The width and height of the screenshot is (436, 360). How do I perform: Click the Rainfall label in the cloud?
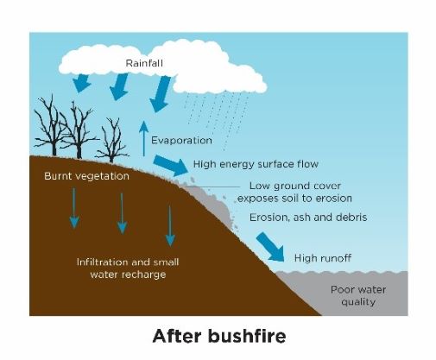tap(144, 63)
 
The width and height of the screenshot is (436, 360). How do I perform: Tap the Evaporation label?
tap(181, 141)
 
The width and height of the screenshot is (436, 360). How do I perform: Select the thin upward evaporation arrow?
tap(143, 139)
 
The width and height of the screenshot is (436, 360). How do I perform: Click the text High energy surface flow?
tap(256, 164)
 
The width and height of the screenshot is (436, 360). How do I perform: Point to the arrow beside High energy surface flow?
tap(170, 165)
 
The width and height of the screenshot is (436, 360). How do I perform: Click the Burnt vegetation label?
tap(86, 176)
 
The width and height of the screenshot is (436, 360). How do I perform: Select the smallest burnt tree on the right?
tap(112, 140)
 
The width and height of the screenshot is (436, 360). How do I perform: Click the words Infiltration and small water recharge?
tap(128, 268)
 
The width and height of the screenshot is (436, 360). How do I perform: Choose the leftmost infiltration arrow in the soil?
tap(74, 208)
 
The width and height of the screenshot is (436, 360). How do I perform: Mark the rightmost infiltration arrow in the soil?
tap(170, 226)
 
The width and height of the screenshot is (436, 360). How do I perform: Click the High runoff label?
tap(323, 258)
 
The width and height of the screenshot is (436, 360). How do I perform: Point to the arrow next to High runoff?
tap(270, 247)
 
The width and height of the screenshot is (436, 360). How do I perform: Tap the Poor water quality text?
tap(358, 295)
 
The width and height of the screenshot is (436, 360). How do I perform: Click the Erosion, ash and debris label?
tap(308, 218)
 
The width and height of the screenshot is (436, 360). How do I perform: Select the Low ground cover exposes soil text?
tap(294, 192)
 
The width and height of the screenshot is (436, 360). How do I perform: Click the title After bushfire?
tap(219, 336)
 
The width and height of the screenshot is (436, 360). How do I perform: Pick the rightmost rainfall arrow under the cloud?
tap(160, 94)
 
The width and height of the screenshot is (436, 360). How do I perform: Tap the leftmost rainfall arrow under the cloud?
tap(81, 83)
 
